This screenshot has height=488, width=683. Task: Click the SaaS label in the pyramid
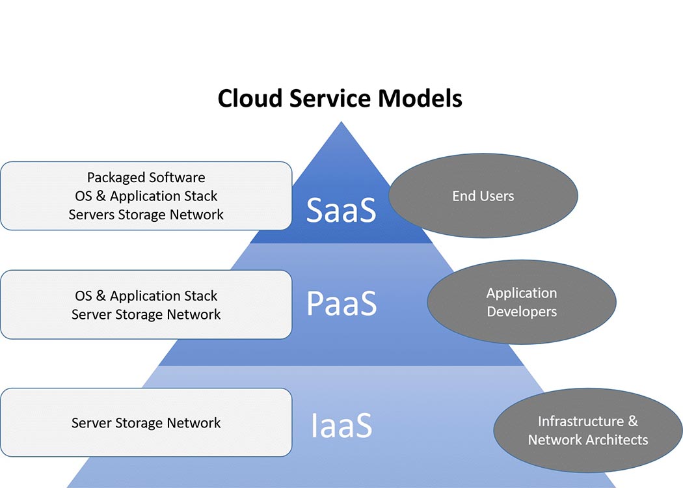(341, 210)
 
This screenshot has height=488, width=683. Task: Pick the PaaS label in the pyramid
(341, 303)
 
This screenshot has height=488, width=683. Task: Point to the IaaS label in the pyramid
(341, 424)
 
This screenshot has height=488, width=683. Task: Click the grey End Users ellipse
(483, 196)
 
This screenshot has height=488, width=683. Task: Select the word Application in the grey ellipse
(522, 293)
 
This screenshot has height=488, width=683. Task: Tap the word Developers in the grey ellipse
(522, 312)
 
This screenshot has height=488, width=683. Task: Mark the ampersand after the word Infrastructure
(633, 422)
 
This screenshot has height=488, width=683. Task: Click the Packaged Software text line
(146, 178)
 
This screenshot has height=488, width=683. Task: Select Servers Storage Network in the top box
(146, 215)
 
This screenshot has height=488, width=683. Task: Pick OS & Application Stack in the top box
(146, 196)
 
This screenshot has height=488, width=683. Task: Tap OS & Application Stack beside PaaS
(146, 296)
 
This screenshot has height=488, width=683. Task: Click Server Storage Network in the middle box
(146, 315)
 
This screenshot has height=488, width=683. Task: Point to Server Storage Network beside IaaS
(146, 423)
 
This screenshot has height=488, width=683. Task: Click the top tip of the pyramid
(341, 124)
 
